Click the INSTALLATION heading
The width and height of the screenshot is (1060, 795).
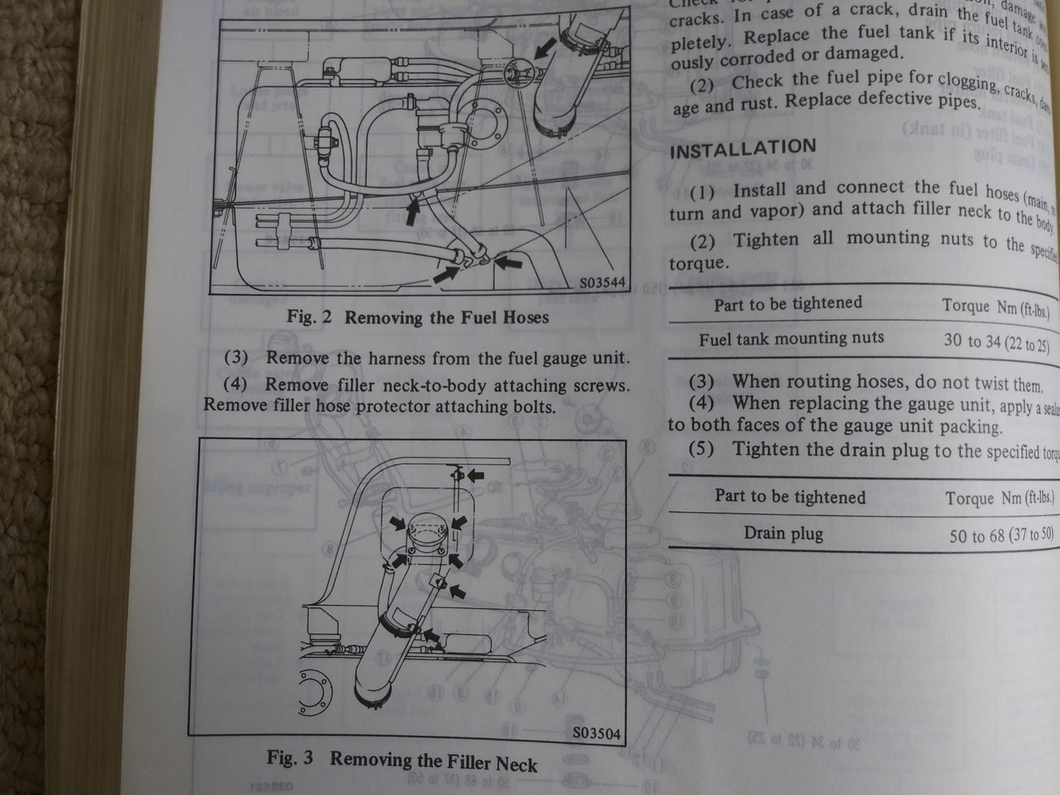pyautogui.click(x=742, y=149)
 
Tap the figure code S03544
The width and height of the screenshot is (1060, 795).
pyautogui.click(x=602, y=283)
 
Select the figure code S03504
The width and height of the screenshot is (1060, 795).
pyautogui.click(x=595, y=733)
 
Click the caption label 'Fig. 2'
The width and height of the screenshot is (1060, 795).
pyautogui.click(x=309, y=316)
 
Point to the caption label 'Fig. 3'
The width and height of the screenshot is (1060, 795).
pyautogui.click(x=289, y=758)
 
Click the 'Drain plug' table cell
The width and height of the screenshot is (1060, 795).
pyautogui.click(x=783, y=533)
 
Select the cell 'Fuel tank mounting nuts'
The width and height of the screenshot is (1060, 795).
pyautogui.click(x=791, y=339)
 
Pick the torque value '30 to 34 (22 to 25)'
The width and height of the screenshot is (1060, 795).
pyautogui.click(x=996, y=343)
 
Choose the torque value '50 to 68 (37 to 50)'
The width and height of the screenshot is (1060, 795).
pyautogui.click(x=1001, y=535)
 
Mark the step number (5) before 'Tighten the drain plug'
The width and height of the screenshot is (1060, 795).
pyautogui.click(x=701, y=449)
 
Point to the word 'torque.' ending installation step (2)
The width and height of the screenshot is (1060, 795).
pyautogui.click(x=698, y=264)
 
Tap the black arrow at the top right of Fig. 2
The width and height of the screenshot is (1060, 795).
pyautogui.click(x=544, y=48)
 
